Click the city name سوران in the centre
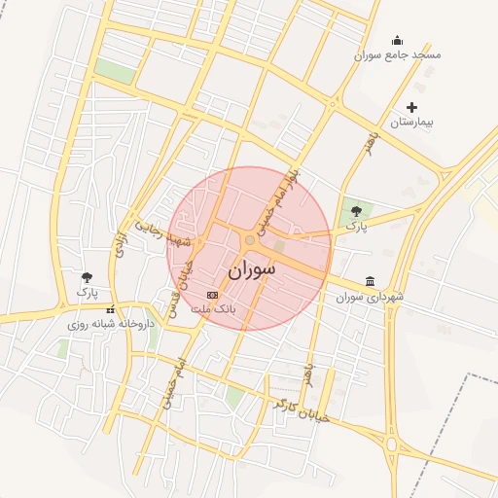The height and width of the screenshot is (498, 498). point(252,270)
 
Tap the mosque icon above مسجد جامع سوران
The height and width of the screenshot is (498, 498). point(397,40)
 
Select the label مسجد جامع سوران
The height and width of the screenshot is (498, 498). point(397,55)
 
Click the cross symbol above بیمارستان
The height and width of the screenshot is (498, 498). point(411,107)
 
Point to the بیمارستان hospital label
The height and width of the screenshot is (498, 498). point(410,123)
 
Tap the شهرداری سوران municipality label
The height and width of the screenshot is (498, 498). point(370,297)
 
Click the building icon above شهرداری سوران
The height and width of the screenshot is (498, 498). point(370,281)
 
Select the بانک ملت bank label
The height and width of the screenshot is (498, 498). point(213,308)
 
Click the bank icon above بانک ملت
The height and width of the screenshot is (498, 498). point(213,294)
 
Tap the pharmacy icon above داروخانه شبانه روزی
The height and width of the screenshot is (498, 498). point(109,308)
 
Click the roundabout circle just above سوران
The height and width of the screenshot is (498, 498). point(250,240)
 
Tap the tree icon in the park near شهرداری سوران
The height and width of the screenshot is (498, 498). point(356,209)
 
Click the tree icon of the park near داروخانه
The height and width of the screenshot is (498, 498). point(88,277)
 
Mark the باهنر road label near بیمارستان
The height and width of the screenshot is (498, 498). point(368,140)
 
